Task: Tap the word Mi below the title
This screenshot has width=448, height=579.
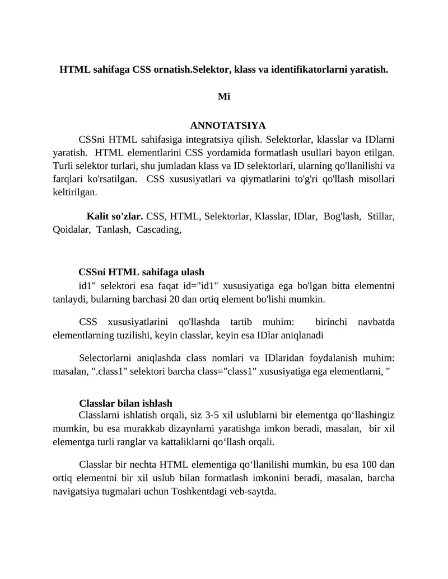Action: (224, 97)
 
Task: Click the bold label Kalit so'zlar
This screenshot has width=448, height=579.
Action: (115, 216)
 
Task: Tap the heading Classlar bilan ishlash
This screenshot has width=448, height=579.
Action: (125, 403)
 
